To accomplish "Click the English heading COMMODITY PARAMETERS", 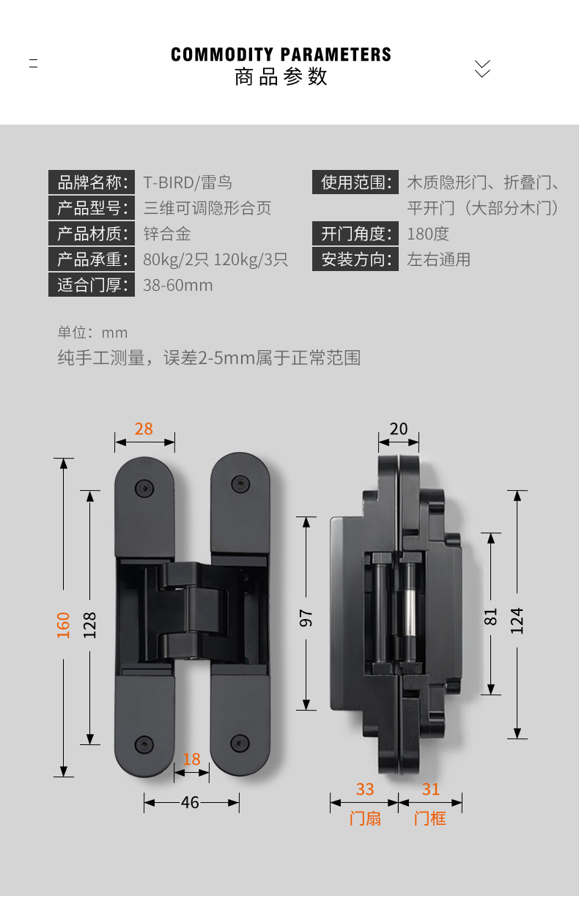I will coord(281,55).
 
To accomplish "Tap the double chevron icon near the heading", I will coord(482,68).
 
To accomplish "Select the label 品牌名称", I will coord(92,182).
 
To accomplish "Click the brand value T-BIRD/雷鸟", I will coord(188,182).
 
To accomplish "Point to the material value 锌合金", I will coord(166,234).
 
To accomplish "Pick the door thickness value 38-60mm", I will coord(178,285).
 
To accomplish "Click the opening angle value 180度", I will coord(428,234).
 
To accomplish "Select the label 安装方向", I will coord(355,259).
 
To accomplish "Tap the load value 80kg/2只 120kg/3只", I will coord(215,259).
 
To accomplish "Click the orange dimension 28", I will coord(144,429).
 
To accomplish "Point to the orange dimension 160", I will coord(64,624).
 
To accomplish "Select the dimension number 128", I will coord(89,624).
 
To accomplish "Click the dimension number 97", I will coord(306,617).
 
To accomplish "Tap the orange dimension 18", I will coord(191,759).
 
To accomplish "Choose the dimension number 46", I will coord(190,802).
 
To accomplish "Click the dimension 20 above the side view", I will coord(399,429).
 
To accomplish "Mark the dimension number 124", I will coord(517,620).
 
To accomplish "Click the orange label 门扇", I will coord(365,818).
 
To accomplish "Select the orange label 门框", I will coord(430,818).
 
